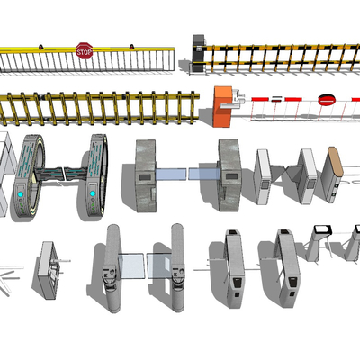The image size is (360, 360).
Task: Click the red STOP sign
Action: [84, 50]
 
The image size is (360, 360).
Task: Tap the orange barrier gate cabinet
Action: [222, 106]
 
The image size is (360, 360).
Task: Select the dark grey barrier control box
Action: [199, 53]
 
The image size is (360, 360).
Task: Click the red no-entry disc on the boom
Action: [327, 100]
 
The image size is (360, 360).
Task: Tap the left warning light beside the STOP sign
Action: [40, 47]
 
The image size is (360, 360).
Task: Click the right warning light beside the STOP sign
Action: [131, 47]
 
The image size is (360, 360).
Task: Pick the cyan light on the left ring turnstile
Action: [21, 194]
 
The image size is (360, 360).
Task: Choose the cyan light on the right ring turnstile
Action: [93, 193]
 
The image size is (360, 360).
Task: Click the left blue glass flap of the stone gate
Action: [171, 174]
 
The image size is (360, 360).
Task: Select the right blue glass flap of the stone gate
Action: [204, 174]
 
